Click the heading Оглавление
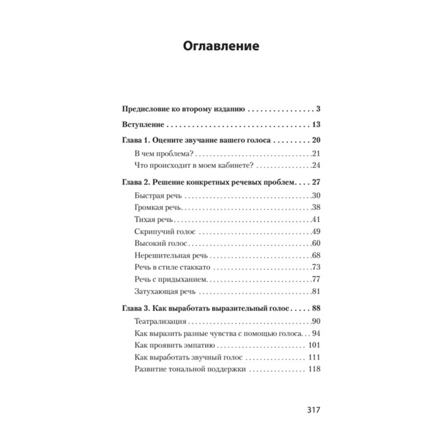tap(221, 47)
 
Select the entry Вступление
tap(141, 125)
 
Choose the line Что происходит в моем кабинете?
tap(194, 165)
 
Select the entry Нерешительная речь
tap(171, 256)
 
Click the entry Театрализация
tap(160, 321)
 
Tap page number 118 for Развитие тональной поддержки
tap(313, 369)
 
